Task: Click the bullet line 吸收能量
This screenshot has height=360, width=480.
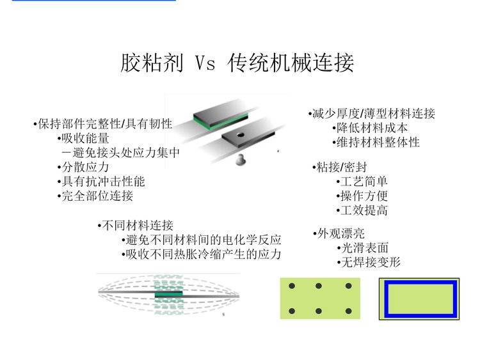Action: click(83, 138)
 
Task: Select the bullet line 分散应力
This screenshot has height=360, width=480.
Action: click(83, 167)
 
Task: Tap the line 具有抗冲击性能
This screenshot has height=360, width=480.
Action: click(101, 182)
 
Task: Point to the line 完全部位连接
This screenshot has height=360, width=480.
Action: click(95, 196)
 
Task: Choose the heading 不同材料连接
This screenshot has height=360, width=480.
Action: click(136, 226)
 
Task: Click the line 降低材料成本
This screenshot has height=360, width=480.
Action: click(370, 128)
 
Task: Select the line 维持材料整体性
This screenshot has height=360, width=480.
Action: click(376, 142)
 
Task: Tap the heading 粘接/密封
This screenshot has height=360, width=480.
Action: click(340, 168)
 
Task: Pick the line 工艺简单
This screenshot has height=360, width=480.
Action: click(362, 182)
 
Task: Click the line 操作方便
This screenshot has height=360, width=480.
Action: click(362, 196)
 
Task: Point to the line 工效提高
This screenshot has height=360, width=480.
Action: click(362, 210)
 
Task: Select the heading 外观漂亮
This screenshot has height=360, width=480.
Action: click(339, 233)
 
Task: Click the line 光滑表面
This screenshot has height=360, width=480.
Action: click(363, 247)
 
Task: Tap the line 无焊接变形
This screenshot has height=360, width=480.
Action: click(369, 262)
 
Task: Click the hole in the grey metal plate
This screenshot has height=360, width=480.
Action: click(240, 134)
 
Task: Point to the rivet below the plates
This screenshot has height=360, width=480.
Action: click(240, 160)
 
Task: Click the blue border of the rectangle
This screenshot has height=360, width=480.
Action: click(387, 299)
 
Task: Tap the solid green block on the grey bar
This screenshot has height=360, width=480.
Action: click(169, 294)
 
